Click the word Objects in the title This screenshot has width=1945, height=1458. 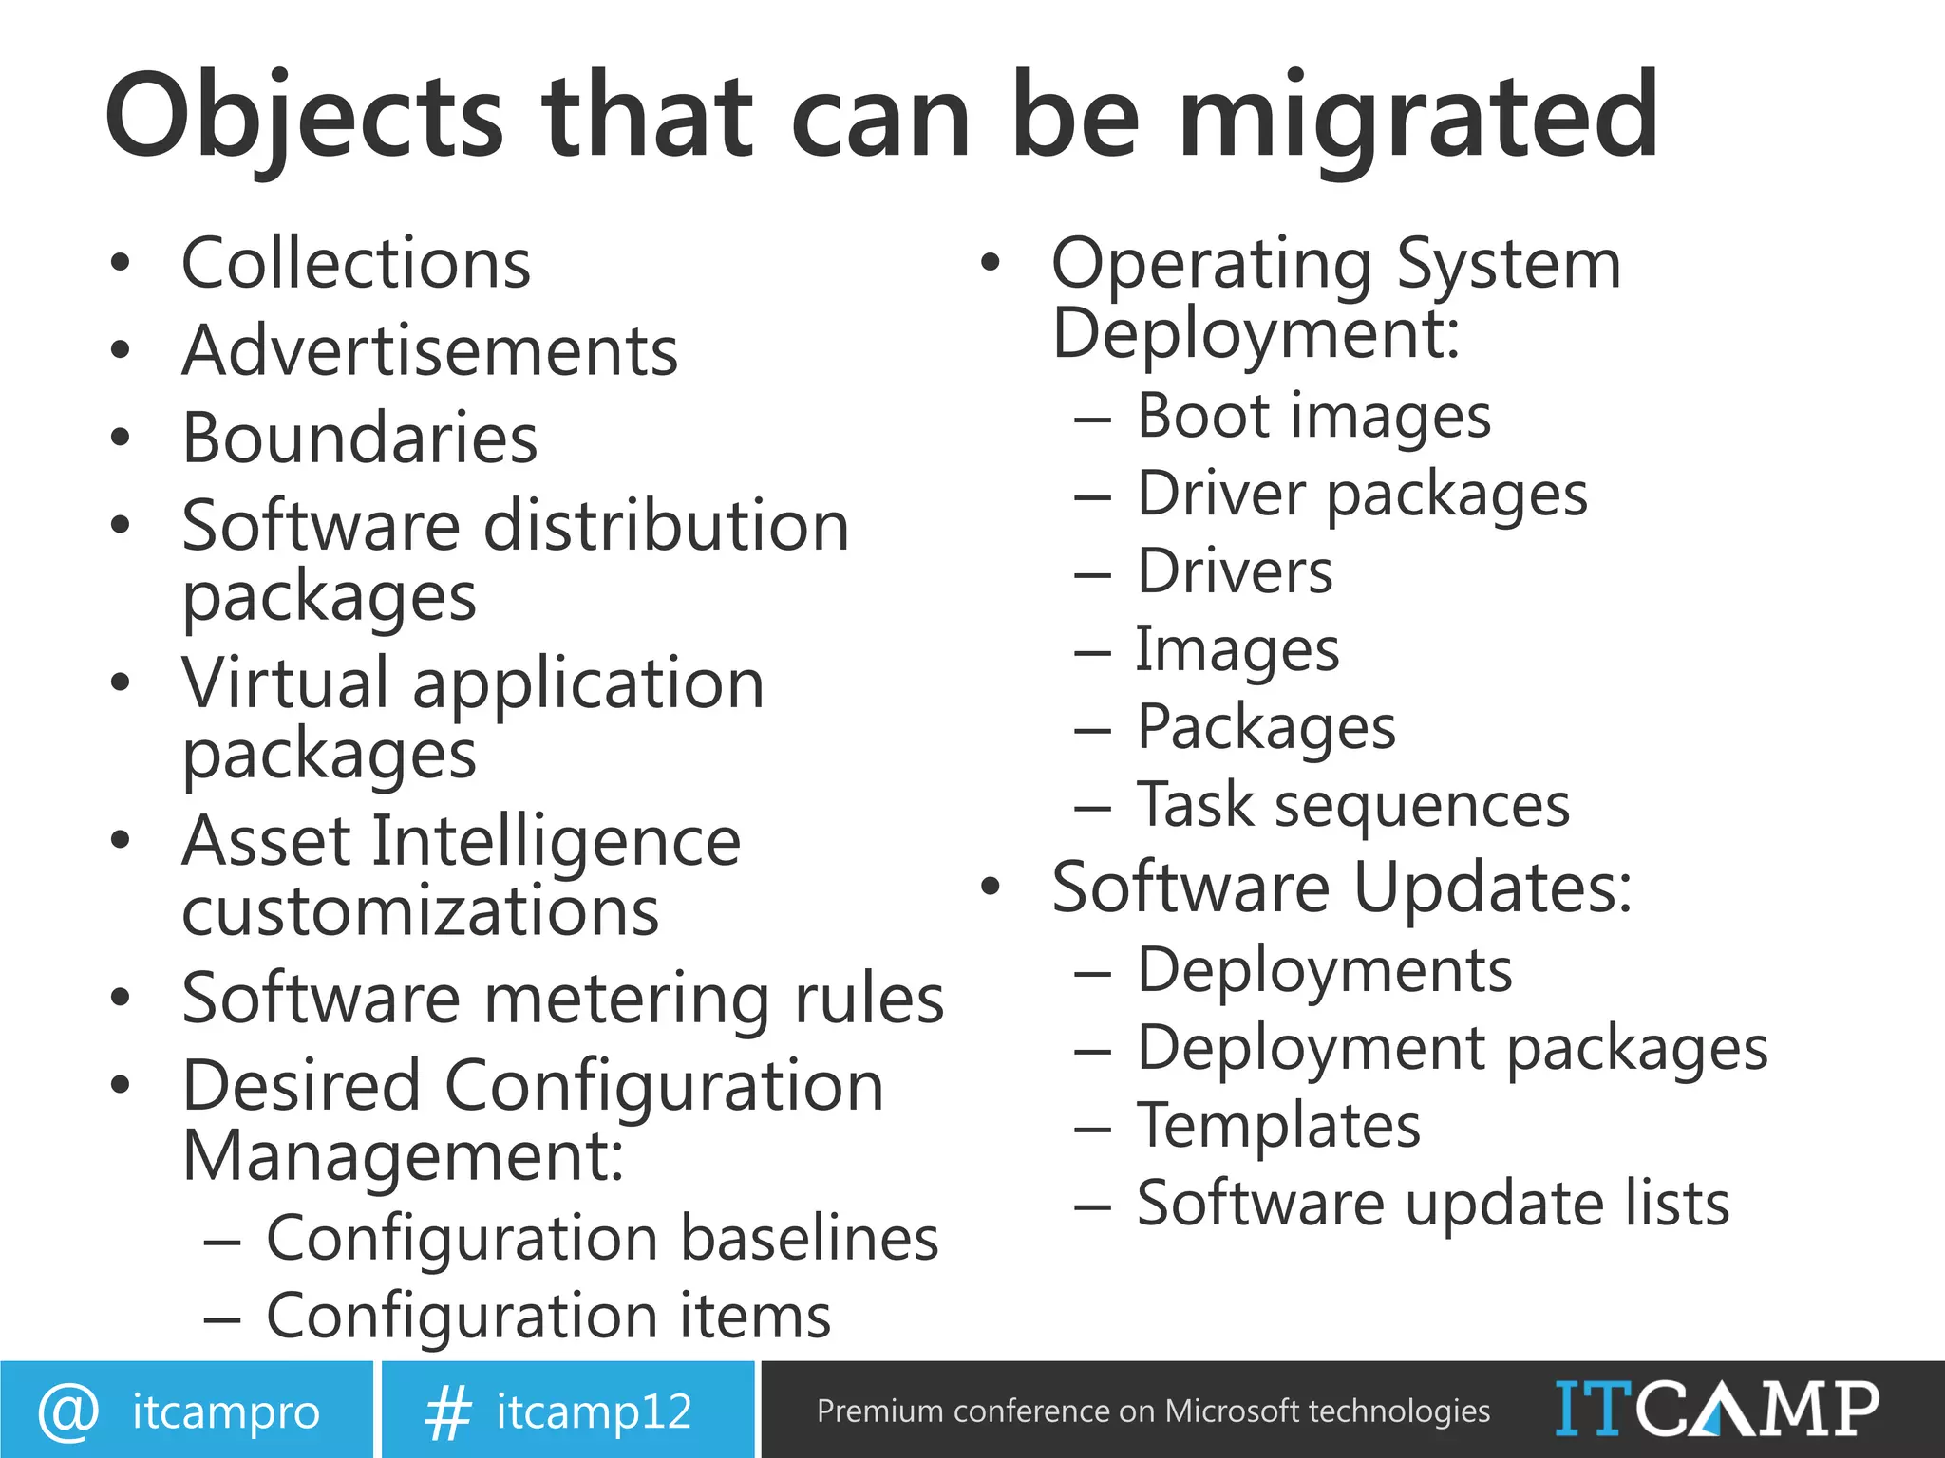point(303,118)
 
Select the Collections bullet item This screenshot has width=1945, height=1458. point(356,264)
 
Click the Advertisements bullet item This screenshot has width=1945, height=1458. point(430,351)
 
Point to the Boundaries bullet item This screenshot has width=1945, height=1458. point(360,439)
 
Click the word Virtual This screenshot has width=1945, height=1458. point(285,683)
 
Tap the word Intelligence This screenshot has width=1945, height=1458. point(556,842)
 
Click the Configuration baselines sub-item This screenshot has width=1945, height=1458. point(602,1239)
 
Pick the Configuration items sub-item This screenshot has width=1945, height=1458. point(548,1317)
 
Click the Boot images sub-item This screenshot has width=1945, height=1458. point(1313,417)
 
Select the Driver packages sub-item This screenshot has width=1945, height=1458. point(1362,495)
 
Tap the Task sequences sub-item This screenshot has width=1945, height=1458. point(1353,806)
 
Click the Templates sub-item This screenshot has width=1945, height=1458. point(1278,1126)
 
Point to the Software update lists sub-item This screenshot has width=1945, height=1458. point(1433,1204)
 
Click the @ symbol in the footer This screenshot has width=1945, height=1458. point(67,1411)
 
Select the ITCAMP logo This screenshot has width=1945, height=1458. point(1716,1409)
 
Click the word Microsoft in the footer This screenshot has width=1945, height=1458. point(1232,1411)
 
